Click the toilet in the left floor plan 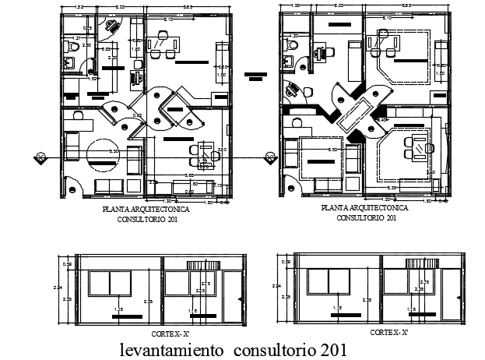coord(72,48)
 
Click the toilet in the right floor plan coord(289,47)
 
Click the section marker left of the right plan coord(269,158)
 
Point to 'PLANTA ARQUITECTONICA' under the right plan coord(364,210)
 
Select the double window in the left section coord(111,283)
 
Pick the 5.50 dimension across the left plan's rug coord(114,151)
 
